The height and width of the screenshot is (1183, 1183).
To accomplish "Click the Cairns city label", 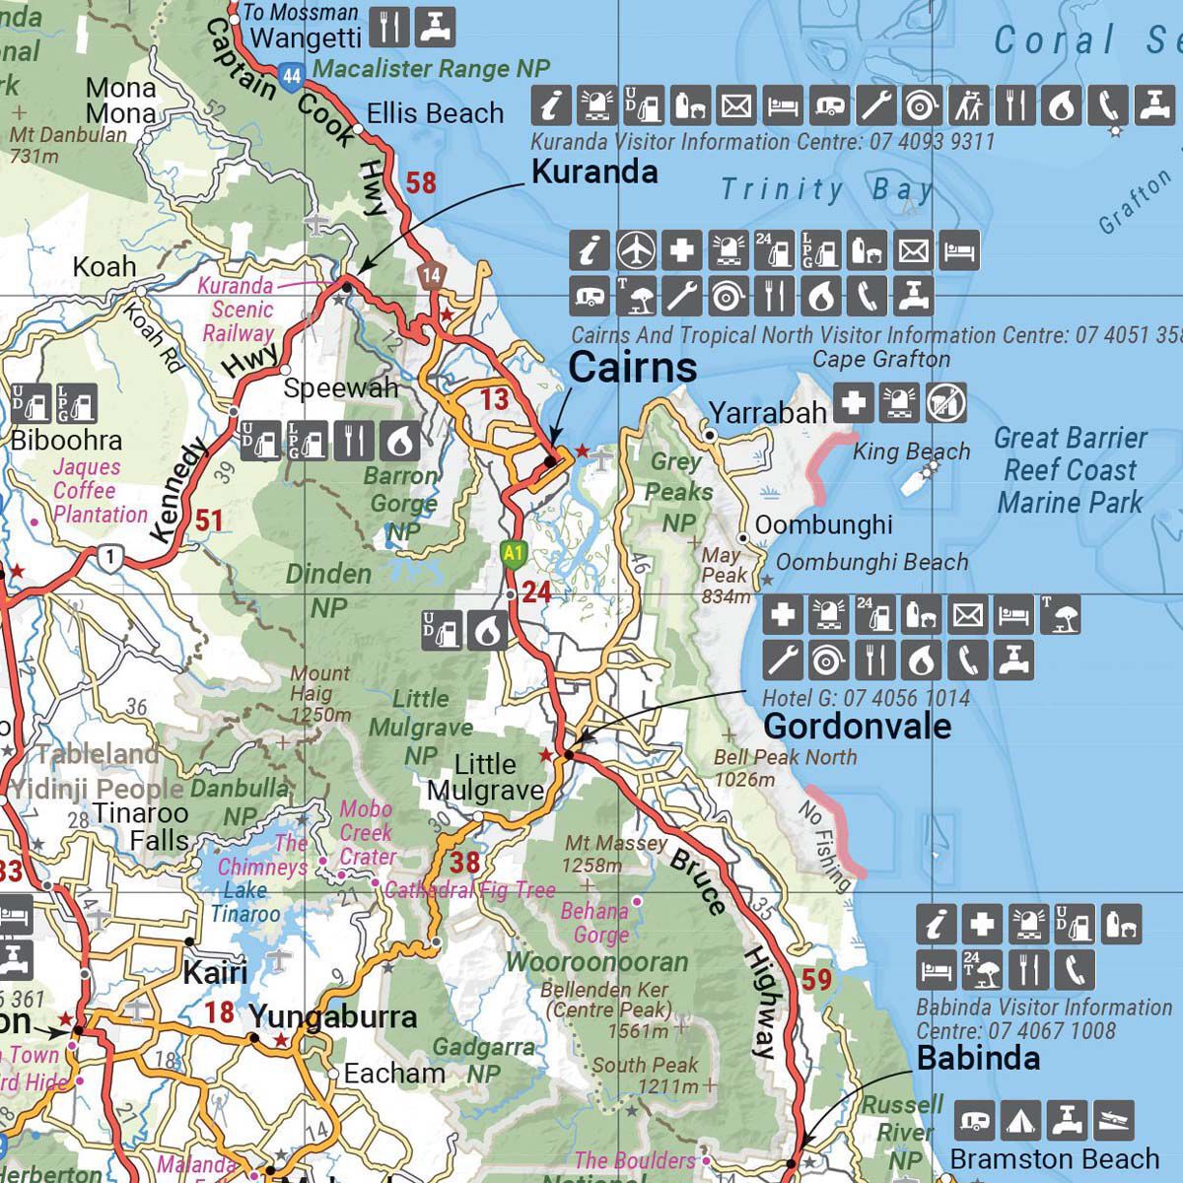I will (632, 368).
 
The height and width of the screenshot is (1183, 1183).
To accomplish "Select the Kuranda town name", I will (594, 172).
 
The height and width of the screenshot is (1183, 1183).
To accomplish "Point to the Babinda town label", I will (978, 1059).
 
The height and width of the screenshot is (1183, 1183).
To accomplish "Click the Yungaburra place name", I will (333, 1016).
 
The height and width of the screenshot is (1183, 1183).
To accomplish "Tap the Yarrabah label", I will (767, 412).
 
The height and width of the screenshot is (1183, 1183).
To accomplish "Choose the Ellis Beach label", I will (435, 114).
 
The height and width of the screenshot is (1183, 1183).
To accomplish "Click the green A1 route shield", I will (511, 553).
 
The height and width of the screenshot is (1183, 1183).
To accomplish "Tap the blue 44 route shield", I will (290, 76).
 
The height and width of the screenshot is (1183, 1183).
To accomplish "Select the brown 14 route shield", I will (430, 276).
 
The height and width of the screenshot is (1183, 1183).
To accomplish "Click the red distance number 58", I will (421, 182).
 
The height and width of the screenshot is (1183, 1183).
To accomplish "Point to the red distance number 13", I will (495, 398).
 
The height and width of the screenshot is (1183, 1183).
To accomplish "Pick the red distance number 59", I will (817, 980).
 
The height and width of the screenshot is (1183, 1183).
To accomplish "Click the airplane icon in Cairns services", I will (637, 250).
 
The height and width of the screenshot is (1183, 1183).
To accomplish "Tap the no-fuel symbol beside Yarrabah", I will (946, 402).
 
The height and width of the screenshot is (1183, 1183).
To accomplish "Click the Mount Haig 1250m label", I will (320, 694).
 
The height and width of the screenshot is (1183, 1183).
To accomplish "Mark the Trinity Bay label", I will (826, 189).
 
